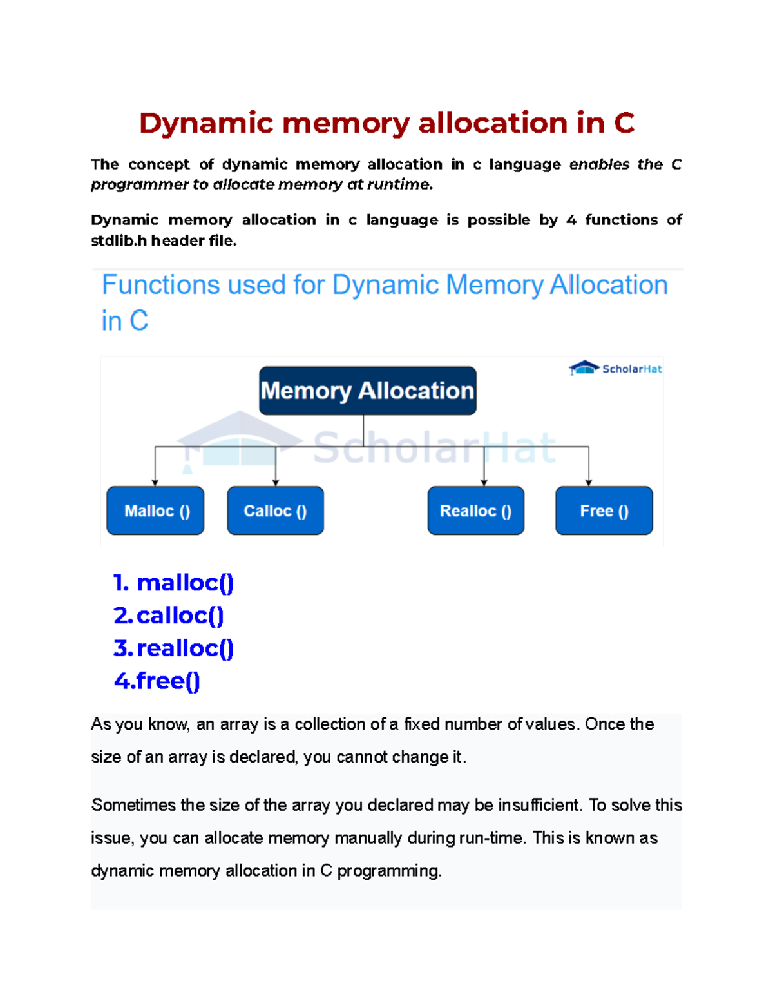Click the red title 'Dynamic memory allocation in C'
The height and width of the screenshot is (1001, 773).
click(x=386, y=123)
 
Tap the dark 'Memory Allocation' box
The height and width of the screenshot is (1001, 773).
click(x=367, y=391)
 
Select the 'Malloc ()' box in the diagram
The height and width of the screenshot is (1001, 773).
click(x=155, y=510)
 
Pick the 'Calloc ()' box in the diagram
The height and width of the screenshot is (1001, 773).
click(x=275, y=510)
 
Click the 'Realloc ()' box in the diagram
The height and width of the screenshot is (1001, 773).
click(x=475, y=510)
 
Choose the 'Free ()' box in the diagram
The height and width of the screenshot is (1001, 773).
click(x=604, y=510)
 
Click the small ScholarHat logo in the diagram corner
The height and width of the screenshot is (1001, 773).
click(x=615, y=369)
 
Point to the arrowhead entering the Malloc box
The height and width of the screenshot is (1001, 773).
click(x=155, y=482)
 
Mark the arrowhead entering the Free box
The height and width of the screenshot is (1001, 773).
click(x=588, y=482)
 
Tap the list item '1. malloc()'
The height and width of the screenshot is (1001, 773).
click(x=173, y=583)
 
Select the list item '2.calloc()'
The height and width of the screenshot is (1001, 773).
click(x=169, y=616)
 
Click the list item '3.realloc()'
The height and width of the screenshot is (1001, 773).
click(x=173, y=648)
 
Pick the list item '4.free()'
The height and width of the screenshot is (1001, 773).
click(x=157, y=681)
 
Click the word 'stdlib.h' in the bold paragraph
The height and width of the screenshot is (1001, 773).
click(x=119, y=241)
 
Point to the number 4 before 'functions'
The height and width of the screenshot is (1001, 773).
click(x=571, y=220)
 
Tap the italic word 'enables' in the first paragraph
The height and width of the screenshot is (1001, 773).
click(x=599, y=164)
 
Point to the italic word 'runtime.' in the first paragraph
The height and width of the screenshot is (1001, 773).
click(x=399, y=185)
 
